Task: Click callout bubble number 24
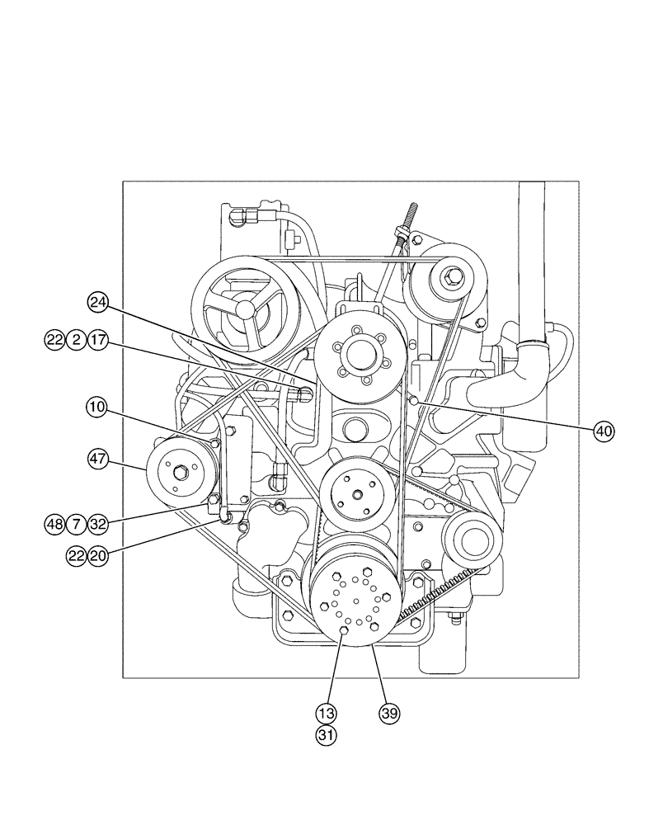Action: point(99,304)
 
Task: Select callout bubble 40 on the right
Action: point(605,429)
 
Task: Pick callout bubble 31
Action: point(327,734)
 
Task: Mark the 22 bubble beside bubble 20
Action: point(77,556)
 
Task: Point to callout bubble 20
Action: point(98,556)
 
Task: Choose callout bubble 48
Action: point(55,523)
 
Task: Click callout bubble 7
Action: point(77,523)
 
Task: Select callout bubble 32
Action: point(98,523)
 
